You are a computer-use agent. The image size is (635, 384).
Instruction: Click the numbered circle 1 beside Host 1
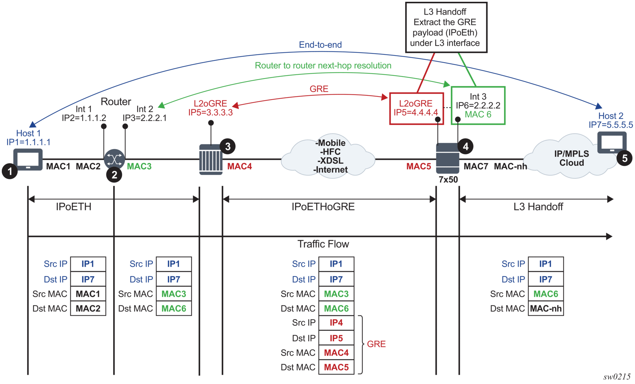point(10,171)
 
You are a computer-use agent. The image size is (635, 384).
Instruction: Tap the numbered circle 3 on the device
point(228,146)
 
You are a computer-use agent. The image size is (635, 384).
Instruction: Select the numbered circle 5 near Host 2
point(624,158)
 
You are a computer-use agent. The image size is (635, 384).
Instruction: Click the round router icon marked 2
point(114,159)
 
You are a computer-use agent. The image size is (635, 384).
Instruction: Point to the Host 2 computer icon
point(612,142)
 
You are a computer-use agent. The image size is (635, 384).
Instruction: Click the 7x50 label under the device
point(448,180)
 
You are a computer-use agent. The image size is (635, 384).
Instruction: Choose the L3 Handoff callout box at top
point(446,27)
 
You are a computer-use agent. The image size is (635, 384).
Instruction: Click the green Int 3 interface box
point(478,105)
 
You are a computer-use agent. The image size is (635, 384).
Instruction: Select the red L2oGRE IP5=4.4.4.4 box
point(416,108)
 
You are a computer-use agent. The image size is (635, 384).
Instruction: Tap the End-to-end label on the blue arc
point(320,45)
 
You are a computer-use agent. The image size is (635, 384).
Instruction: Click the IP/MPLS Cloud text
point(571,158)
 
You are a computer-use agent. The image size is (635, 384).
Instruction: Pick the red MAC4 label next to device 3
point(239,166)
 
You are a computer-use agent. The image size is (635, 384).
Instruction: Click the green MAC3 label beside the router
point(139,166)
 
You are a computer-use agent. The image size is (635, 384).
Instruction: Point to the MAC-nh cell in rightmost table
point(546,309)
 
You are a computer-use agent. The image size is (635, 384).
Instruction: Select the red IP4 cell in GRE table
point(336,323)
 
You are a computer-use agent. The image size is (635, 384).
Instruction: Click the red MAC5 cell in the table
point(336,367)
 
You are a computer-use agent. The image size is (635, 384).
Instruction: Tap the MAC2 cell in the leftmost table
point(88,309)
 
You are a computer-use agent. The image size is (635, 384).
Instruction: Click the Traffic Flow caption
point(323,244)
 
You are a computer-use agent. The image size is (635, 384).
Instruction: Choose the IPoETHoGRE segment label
point(323,207)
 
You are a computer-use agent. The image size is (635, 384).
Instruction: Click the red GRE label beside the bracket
point(376,344)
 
